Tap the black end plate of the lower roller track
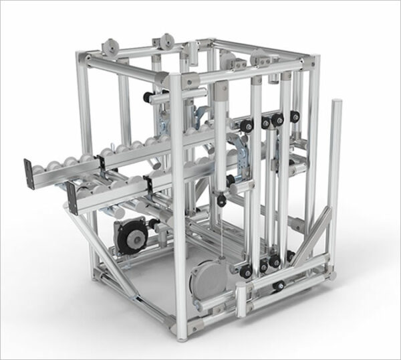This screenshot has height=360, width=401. pos(71,199)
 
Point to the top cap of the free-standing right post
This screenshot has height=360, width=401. pos(337,104)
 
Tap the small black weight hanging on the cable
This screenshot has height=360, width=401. pos(221,199)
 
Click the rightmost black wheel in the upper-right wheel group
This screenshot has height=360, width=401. pos(294,118)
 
